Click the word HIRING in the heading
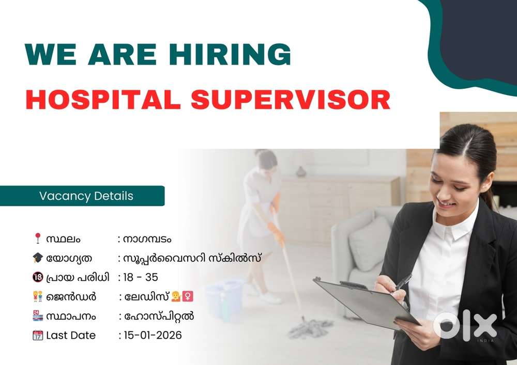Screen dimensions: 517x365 coord(230,54)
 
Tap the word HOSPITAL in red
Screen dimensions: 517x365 coord(103,100)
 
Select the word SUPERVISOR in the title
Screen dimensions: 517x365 coord(291,100)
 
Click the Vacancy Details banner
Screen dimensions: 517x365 coord(82,196)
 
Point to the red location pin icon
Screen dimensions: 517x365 coord(38,238)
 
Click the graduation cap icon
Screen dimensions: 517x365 coord(38,258)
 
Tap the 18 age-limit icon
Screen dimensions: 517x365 coord(38,277)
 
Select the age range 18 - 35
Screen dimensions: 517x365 coord(141,277)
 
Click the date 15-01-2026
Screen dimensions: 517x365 coord(153,336)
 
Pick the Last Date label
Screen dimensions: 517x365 coord(71,336)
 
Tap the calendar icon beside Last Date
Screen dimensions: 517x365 coord(38,335)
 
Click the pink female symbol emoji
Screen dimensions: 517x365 coord(188,296)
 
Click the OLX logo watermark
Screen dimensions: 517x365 coord(465,326)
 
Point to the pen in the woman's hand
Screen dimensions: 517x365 coord(404,281)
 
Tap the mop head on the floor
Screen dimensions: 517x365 coord(310,327)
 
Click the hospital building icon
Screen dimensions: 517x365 coord(38,315)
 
